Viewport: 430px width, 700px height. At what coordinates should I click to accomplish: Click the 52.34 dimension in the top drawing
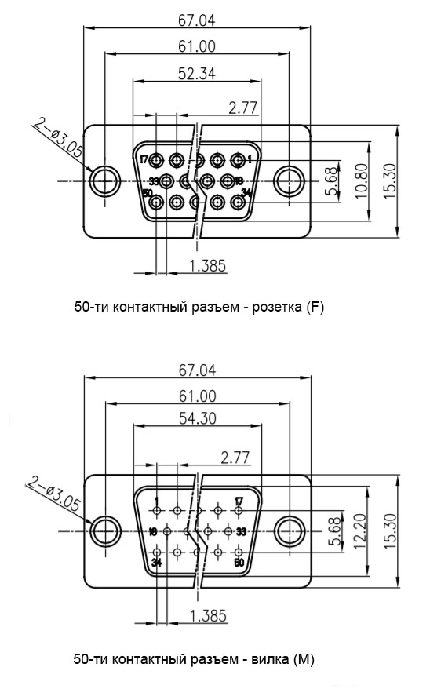[196, 73]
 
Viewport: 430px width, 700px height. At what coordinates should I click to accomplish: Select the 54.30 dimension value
[198, 418]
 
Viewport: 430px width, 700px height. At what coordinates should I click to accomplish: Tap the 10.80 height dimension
[362, 180]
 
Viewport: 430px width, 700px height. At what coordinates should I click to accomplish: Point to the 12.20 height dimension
[360, 531]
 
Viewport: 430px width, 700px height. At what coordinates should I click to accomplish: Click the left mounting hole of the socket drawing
[105, 181]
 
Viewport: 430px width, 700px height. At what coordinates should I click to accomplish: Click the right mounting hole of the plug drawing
[289, 531]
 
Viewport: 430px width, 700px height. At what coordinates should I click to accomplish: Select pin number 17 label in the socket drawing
[144, 159]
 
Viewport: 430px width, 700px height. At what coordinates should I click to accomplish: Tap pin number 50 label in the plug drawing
[239, 562]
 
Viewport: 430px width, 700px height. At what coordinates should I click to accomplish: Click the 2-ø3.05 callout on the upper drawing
[59, 138]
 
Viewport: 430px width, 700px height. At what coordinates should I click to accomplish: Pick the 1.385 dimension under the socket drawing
[208, 266]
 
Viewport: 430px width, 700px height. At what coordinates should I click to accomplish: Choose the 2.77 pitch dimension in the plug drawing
[235, 458]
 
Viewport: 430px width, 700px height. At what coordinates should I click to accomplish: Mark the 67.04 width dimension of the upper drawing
[196, 20]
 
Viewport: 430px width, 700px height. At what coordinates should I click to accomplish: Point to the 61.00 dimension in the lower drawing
[198, 396]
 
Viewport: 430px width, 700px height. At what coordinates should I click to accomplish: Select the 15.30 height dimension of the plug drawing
[389, 530]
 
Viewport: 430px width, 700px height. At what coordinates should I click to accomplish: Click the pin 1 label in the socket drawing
[250, 159]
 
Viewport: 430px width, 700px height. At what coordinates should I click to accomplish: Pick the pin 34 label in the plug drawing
[156, 563]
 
